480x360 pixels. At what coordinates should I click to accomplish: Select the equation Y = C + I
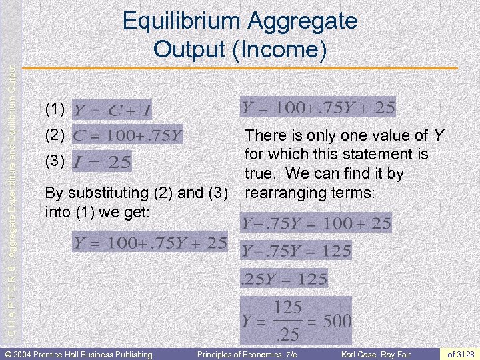(x=112, y=109)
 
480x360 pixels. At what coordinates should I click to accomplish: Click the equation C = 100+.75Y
(x=127, y=136)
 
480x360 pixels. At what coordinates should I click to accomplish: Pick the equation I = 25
(x=101, y=161)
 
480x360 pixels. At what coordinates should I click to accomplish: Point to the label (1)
(x=55, y=108)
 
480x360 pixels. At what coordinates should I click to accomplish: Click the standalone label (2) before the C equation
(x=55, y=135)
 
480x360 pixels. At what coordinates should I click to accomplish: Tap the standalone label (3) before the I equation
(x=55, y=161)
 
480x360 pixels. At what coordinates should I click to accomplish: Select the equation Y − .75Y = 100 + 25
(x=316, y=223)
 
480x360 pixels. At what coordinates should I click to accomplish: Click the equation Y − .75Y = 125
(x=296, y=251)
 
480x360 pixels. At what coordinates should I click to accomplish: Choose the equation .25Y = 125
(x=283, y=278)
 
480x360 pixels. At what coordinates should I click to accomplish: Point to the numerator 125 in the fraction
(x=288, y=308)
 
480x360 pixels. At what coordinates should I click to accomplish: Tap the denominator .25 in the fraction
(x=288, y=333)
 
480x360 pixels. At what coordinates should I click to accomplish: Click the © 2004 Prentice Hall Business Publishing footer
(x=79, y=354)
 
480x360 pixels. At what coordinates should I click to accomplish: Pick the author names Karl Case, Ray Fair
(x=377, y=354)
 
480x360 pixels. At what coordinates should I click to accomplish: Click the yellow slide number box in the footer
(x=461, y=354)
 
